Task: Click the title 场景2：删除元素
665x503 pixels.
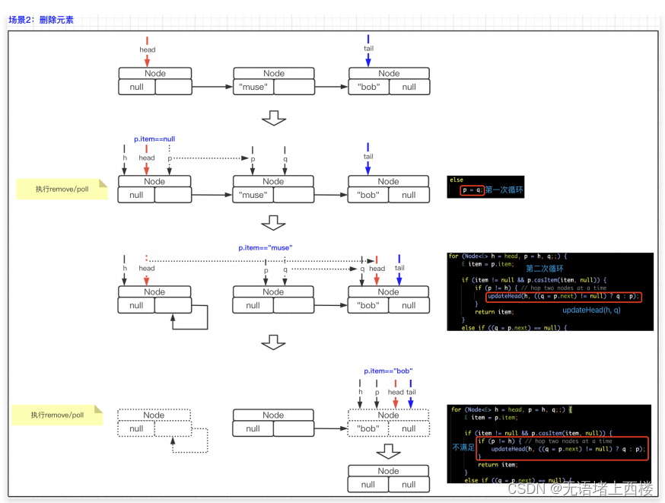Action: click(41, 20)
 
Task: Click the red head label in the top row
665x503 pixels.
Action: click(147, 50)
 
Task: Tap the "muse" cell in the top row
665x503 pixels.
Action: click(253, 87)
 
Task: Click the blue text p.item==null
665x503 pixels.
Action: click(154, 139)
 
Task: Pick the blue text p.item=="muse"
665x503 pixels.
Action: click(265, 248)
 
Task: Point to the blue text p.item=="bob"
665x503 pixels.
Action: click(388, 371)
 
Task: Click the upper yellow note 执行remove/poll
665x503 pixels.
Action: click(62, 189)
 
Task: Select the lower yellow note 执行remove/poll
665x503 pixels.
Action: click(57, 415)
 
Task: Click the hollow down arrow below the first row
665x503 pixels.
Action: click(273, 118)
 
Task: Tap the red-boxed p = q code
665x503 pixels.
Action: click(472, 190)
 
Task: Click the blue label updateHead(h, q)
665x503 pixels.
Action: click(591, 310)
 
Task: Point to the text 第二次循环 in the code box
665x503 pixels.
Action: click(544, 269)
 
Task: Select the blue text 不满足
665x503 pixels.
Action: click(463, 447)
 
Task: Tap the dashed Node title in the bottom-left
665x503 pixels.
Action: click(154, 415)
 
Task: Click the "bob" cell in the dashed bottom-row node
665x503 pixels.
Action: click(368, 428)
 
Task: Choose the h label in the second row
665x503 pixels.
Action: click(125, 158)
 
